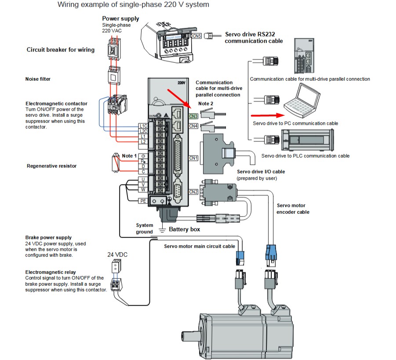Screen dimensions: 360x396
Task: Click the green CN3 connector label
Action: pyautogui.click(x=193, y=117)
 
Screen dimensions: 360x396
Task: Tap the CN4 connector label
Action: pyautogui.click(x=193, y=126)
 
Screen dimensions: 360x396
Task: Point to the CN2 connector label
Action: pyautogui.click(x=193, y=192)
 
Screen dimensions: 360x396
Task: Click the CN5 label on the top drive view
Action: pyautogui.click(x=196, y=36)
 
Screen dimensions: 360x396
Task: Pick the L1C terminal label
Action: pyautogui.click(x=143, y=126)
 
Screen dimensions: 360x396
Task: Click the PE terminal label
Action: pyautogui.click(x=143, y=201)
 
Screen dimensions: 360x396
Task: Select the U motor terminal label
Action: pyautogui.click(x=143, y=179)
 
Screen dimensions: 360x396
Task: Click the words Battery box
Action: pyautogui.click(x=185, y=230)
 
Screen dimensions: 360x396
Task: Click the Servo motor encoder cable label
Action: pyautogui.click(x=293, y=209)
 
